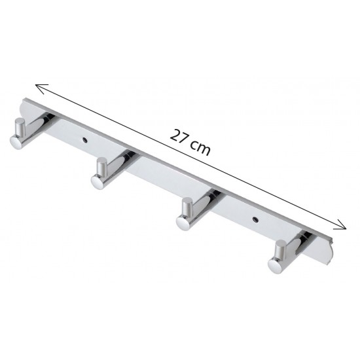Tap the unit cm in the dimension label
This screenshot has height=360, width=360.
201,148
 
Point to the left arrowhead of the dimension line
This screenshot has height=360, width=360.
41,88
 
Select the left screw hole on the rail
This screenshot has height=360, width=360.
85,139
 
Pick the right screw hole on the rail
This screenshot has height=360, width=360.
255,219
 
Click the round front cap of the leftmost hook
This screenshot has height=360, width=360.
16,142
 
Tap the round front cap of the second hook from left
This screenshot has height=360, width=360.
97,182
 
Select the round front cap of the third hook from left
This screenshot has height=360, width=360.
183,223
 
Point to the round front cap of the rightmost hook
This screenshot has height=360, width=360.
275,266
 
